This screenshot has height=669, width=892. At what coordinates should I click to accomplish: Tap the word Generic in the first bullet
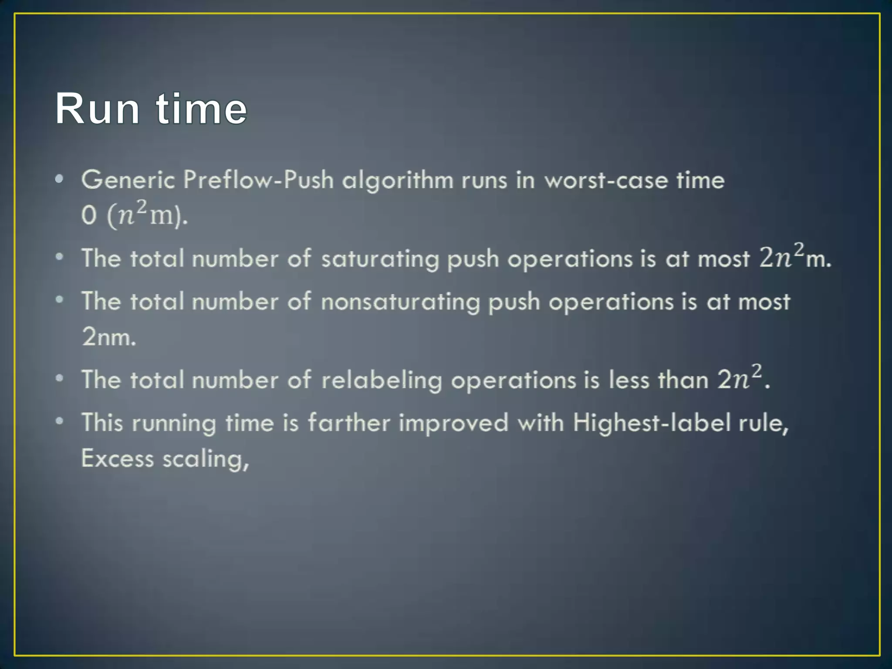(128, 180)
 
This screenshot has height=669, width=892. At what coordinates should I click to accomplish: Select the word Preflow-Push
(258, 180)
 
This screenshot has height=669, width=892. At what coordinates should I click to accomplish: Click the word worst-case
(606, 180)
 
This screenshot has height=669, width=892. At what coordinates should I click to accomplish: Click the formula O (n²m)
(134, 214)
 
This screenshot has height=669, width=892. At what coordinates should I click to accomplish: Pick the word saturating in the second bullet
(380, 259)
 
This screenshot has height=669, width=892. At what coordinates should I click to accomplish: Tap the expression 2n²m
(795, 257)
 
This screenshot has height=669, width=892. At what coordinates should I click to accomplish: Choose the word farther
(348, 422)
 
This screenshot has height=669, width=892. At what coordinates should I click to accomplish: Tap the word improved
(453, 423)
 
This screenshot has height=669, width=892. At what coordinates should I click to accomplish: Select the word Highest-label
(652, 422)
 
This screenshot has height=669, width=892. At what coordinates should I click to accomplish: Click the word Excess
(118, 458)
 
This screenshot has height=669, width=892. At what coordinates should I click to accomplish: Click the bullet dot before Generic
(60, 179)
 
